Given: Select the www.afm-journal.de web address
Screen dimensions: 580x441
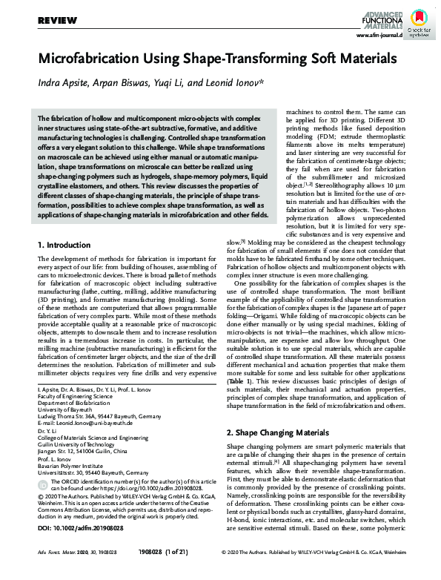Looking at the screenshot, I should pos(379,35).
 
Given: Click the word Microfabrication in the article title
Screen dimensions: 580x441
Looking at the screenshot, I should pos(91,59).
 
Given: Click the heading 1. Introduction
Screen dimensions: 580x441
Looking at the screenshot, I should pos(64,244).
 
